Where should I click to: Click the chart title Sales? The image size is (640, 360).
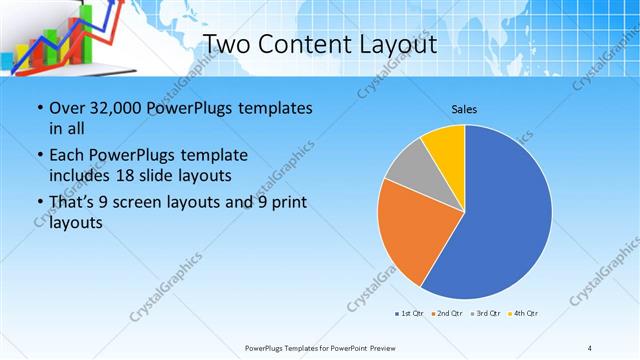(465, 108)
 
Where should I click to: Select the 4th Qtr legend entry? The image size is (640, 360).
(524, 314)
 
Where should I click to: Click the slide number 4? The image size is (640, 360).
(589, 348)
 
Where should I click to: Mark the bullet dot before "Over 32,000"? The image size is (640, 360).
(39, 108)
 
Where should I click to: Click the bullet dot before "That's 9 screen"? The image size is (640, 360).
(39, 203)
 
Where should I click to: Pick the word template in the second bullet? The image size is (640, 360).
(209, 155)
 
